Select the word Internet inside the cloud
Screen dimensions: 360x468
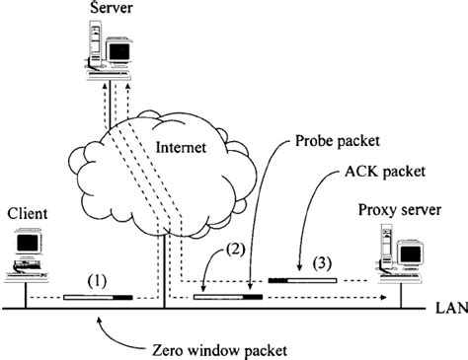tap(182, 149)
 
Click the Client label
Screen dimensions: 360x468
tap(28, 213)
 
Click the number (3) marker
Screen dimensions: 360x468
tap(321, 263)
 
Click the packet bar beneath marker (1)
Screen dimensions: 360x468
tap(97, 296)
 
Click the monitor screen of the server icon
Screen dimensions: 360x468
tap(119, 47)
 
